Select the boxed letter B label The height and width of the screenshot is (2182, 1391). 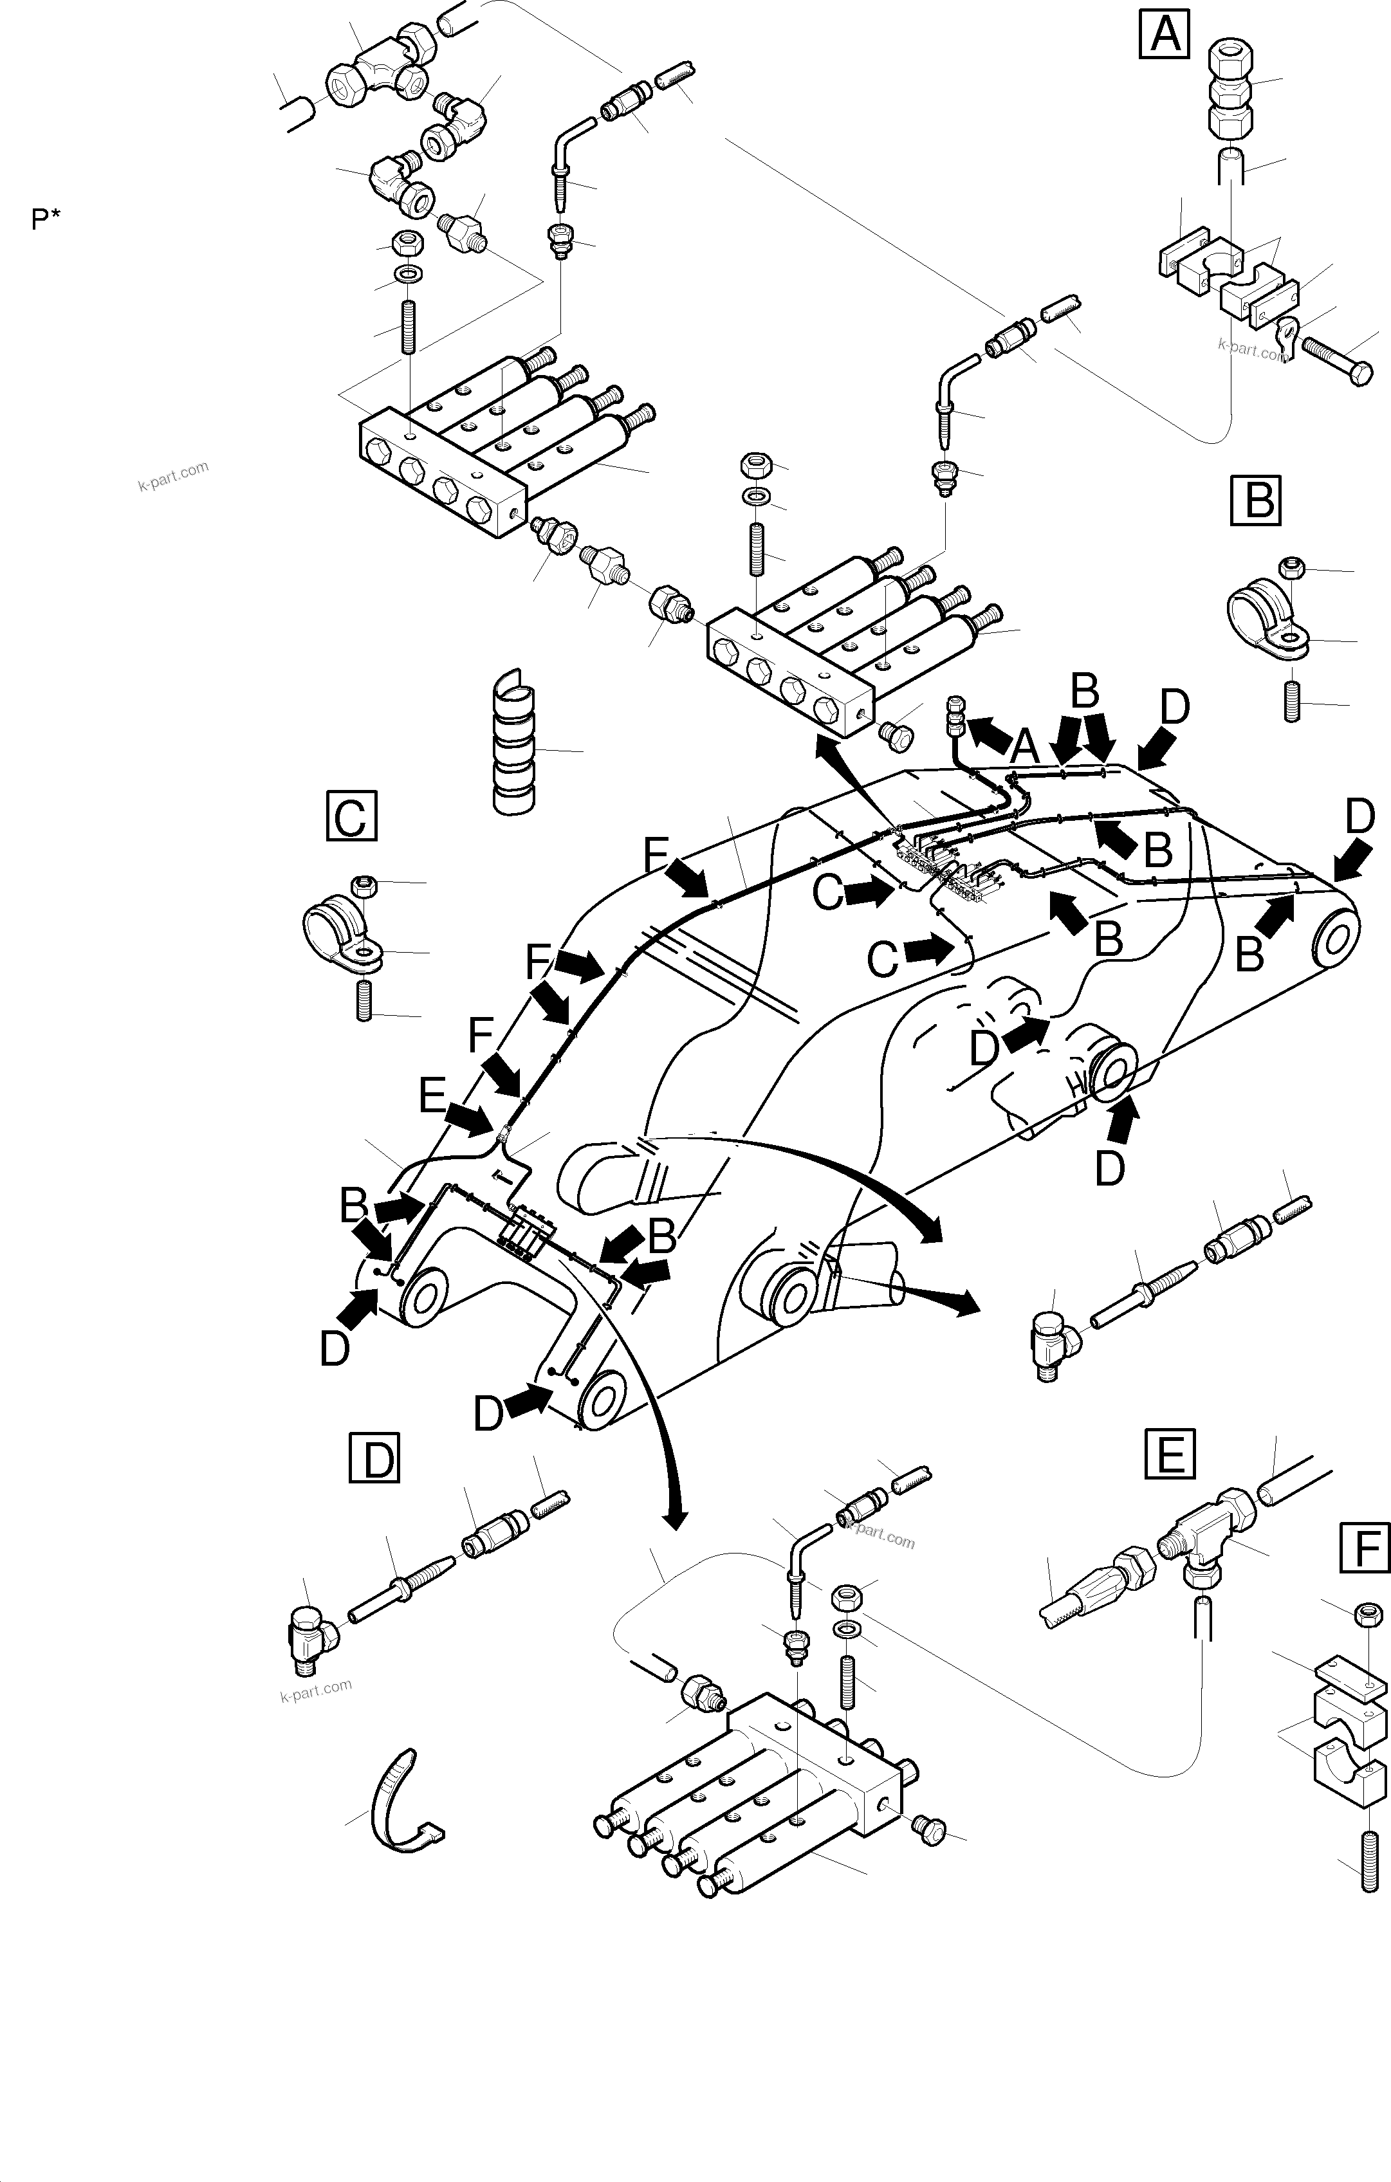[x=1256, y=500]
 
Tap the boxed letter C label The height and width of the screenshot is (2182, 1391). [x=351, y=816]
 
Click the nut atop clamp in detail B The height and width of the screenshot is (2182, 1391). [x=1291, y=568]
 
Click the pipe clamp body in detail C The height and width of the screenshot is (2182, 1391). [x=335, y=934]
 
